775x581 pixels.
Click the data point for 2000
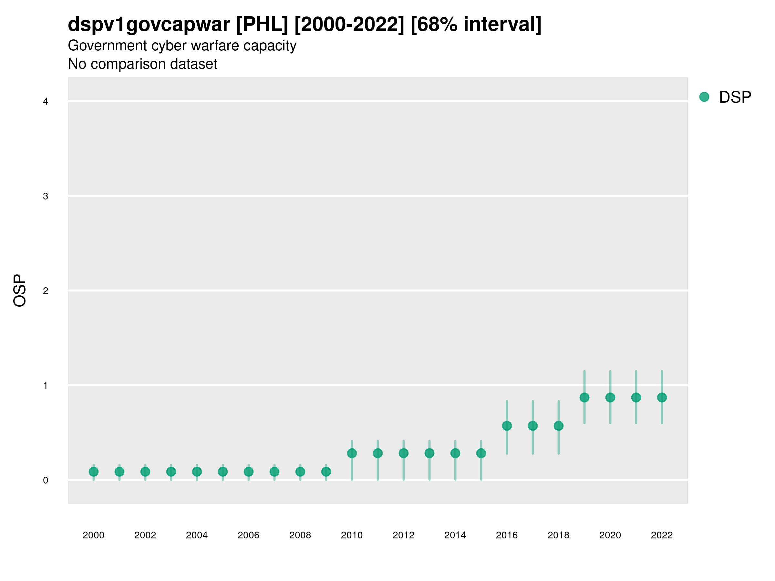point(94,472)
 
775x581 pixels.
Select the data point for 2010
point(352,453)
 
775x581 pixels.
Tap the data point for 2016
point(507,426)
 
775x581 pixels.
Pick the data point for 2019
point(584,397)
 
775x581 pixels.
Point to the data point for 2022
point(662,397)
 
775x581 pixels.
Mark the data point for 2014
point(455,453)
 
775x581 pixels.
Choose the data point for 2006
point(248,472)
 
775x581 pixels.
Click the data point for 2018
point(558,426)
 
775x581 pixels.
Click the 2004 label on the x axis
point(197,535)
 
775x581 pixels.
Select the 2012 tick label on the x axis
point(403,535)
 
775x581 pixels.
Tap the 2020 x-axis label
point(610,535)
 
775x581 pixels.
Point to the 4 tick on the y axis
point(46,102)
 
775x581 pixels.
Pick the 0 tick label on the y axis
point(46,480)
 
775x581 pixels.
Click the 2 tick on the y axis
point(46,291)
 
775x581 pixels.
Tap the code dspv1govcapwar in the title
point(149,25)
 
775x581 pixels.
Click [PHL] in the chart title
point(262,25)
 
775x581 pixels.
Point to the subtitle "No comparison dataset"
point(143,64)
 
